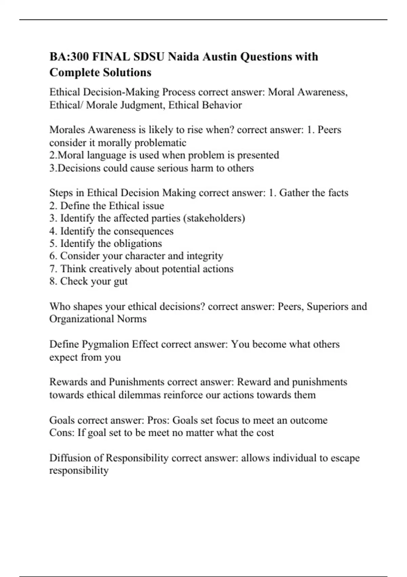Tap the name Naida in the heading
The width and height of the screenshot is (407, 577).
point(184,56)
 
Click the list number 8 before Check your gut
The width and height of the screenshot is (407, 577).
point(52,281)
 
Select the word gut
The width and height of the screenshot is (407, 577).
point(121,282)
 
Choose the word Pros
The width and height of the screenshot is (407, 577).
point(158,420)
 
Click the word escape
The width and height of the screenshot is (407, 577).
point(345,458)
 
